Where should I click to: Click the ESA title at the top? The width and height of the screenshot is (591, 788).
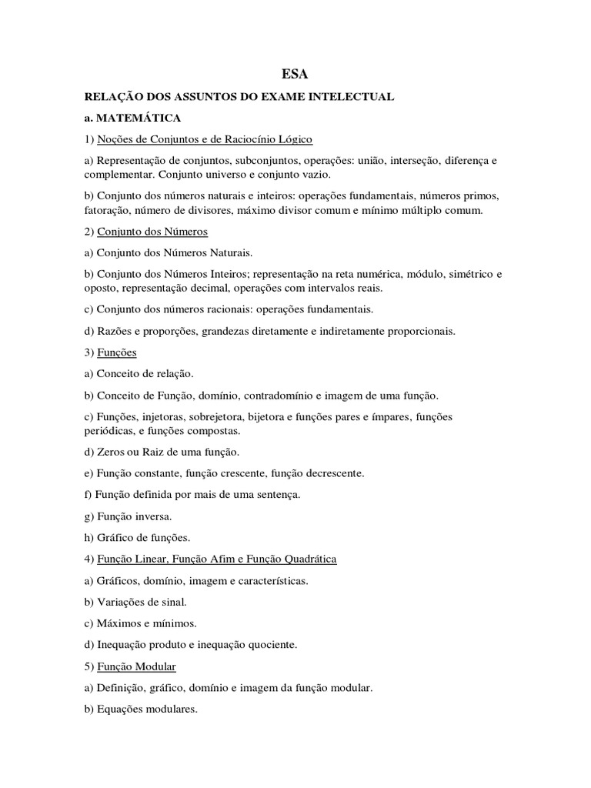click(295, 74)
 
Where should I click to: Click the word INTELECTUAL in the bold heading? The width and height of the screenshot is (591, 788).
click(354, 96)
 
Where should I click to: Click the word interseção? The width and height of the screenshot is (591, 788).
click(416, 161)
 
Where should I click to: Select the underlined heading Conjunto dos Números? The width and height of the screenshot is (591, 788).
click(152, 232)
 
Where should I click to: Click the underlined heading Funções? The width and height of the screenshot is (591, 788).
click(117, 352)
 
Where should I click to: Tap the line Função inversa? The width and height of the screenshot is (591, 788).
click(129, 516)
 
